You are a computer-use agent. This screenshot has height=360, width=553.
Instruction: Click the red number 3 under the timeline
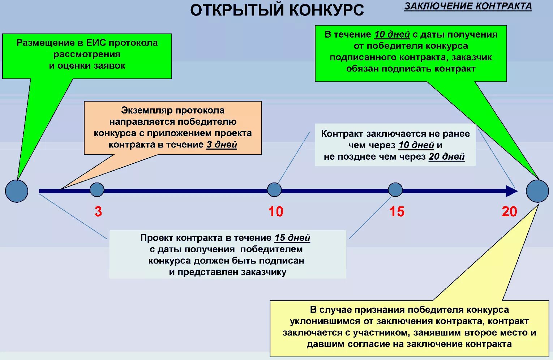point(98,211)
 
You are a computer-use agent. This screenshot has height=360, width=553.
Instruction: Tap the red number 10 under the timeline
point(276,211)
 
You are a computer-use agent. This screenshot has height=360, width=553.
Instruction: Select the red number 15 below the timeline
point(396,211)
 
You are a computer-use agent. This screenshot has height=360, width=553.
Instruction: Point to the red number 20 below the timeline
point(509,211)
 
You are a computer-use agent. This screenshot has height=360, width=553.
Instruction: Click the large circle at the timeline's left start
point(17,191)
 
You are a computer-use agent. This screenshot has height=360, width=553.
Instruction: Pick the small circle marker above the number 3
point(97,190)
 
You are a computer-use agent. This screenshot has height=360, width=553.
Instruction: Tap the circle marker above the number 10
point(274,190)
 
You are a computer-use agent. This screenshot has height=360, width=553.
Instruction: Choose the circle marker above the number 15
point(395,190)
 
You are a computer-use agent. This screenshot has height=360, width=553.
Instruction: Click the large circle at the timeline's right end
point(537,191)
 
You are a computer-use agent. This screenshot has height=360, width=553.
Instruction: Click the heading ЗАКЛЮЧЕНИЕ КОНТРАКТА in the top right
point(468,7)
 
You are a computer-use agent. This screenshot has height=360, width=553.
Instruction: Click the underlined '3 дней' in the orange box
point(222,145)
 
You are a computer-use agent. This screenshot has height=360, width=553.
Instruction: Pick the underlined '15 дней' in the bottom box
point(292,238)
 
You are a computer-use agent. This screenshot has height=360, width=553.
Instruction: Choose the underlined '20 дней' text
point(446,157)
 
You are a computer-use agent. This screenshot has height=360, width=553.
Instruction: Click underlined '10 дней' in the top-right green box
point(392,34)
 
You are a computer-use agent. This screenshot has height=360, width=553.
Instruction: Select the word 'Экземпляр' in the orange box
point(141,110)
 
